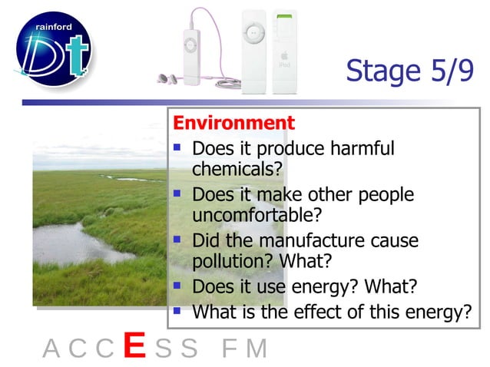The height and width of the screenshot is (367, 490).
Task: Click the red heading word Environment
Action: [x=233, y=123]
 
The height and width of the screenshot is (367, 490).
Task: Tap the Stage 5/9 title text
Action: [x=409, y=71]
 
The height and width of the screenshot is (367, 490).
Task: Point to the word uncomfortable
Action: [x=246, y=214]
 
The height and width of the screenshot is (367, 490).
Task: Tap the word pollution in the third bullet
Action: [x=226, y=261]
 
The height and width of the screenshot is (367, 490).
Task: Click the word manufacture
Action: [x=309, y=241]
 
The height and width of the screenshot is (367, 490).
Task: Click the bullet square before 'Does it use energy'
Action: [x=177, y=286]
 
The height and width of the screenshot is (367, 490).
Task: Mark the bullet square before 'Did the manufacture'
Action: [x=177, y=240]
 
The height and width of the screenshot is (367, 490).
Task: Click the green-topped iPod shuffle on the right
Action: [x=285, y=52]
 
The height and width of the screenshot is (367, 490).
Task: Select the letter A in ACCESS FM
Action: [x=51, y=349]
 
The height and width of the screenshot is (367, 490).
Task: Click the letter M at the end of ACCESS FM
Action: [x=257, y=349]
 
